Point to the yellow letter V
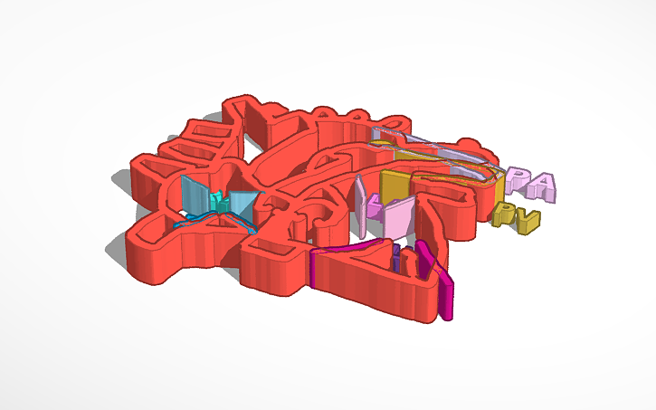pyautogui.click(x=527, y=219)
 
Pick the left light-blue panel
pyautogui.click(x=194, y=194)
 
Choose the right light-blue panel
pyautogui.click(x=242, y=205)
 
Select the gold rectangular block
pyautogui.click(x=395, y=186)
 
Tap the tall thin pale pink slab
pyautogui.click(x=361, y=204)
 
